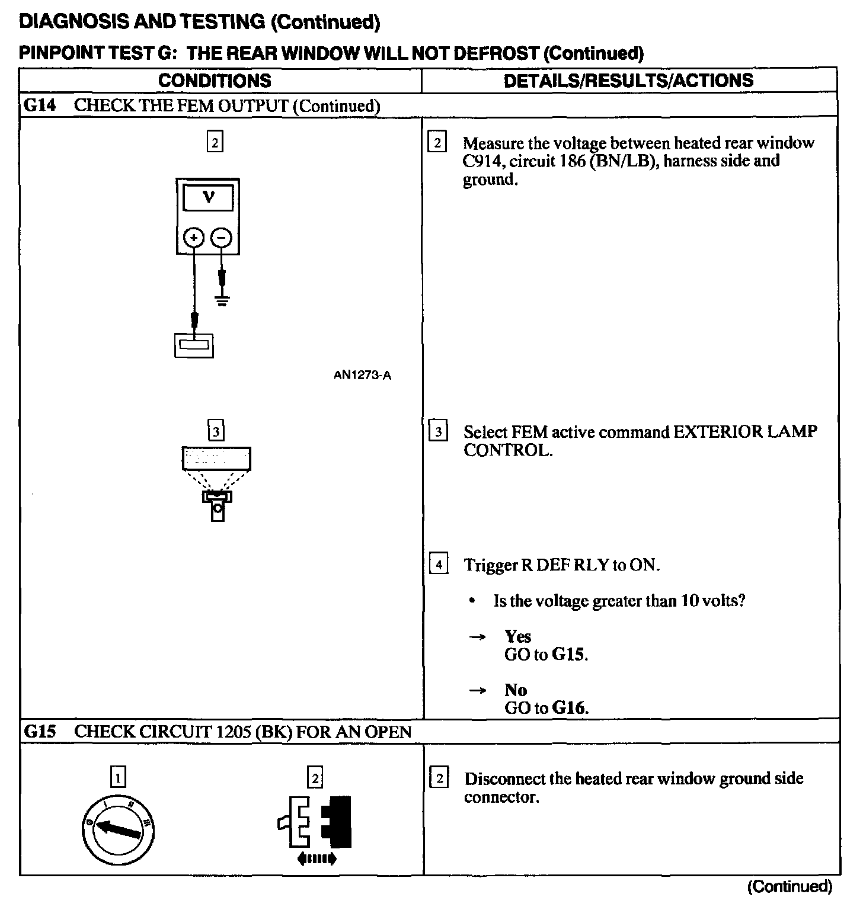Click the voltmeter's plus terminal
point(193,238)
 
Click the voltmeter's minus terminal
point(222,238)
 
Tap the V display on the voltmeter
point(208,197)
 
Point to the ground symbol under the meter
point(222,300)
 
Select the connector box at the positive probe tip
point(194,345)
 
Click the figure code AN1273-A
point(362,375)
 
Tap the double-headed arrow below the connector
point(317,858)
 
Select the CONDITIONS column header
point(215,81)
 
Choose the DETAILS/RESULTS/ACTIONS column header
point(628,81)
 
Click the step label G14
point(39,105)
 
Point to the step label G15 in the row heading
point(39,731)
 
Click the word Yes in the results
point(517,636)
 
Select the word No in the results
point(516,690)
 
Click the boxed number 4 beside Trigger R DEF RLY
point(438,564)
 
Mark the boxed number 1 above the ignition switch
point(119,777)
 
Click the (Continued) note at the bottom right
point(790,886)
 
